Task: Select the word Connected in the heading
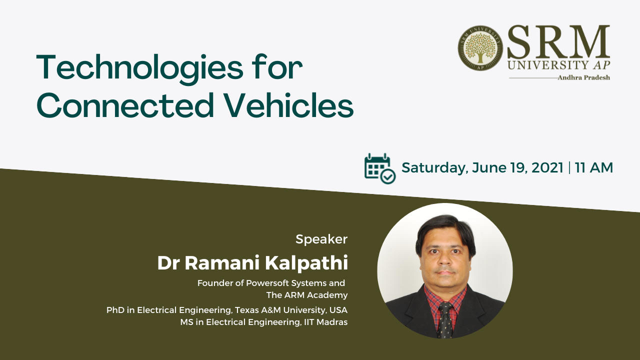click(125, 105)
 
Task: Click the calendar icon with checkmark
click(379, 168)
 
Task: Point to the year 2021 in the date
click(547, 167)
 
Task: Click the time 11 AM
click(594, 167)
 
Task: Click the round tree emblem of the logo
click(480, 48)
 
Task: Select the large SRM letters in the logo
click(558, 41)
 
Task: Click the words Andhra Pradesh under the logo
click(583, 77)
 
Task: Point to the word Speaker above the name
click(321, 239)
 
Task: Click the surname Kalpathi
click(306, 263)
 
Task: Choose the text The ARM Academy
click(307, 295)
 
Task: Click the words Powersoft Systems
click(286, 283)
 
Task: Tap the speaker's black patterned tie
click(445, 320)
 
